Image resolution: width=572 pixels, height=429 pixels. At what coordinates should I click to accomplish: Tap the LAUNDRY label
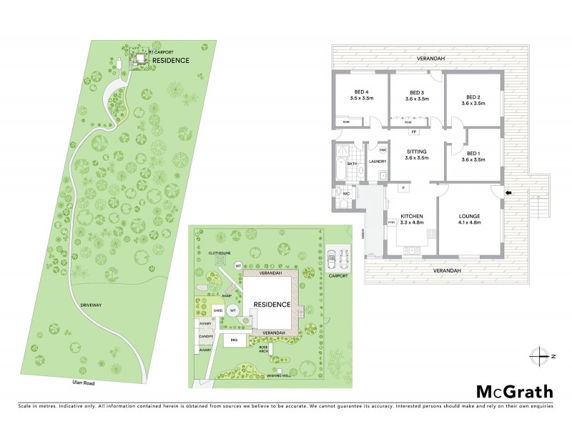[377, 162]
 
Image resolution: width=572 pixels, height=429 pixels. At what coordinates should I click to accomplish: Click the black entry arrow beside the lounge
[508, 192]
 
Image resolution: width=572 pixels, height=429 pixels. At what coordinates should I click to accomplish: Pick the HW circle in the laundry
[382, 150]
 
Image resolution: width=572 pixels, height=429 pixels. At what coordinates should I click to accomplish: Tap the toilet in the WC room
[338, 194]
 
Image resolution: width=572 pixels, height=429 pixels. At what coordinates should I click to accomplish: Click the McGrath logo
[514, 391]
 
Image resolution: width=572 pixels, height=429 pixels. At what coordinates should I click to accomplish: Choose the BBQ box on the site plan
[234, 340]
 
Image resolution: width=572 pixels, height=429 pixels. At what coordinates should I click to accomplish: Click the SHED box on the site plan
[218, 311]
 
